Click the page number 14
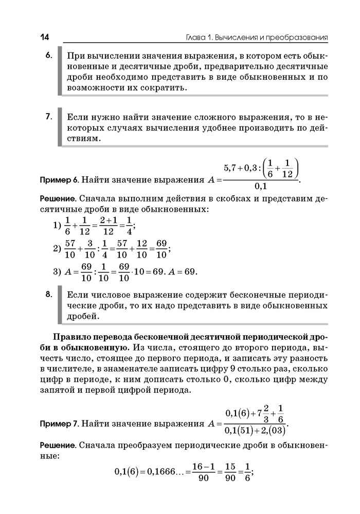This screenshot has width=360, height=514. [x=44, y=38]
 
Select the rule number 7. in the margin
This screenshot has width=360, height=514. [x=49, y=117]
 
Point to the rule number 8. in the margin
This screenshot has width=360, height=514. [x=49, y=295]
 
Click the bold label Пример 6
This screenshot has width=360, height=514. [x=59, y=180]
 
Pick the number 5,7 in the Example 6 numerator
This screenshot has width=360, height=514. [x=231, y=168]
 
